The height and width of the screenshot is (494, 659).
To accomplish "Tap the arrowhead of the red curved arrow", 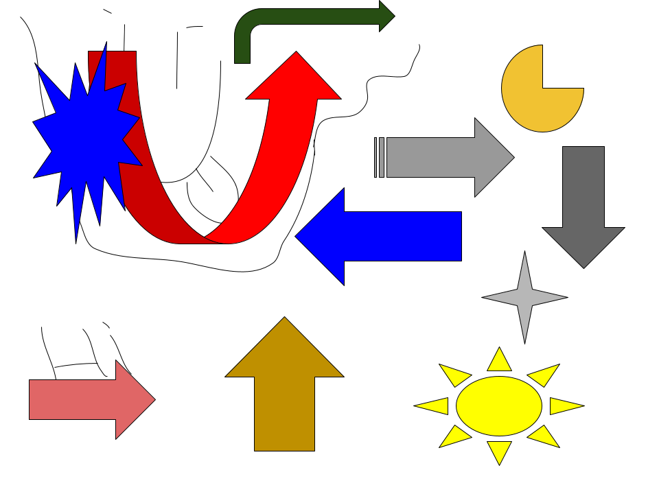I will click(295, 79).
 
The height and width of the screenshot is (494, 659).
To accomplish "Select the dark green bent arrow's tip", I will click(386, 16).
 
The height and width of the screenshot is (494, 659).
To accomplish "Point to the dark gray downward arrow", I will click(583, 206).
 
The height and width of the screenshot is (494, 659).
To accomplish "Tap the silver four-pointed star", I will click(524, 298).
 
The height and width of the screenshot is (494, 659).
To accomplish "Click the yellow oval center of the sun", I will click(499, 405).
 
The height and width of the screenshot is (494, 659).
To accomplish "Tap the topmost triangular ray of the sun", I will click(499, 361).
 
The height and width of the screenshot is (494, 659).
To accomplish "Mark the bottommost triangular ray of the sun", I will click(499, 451).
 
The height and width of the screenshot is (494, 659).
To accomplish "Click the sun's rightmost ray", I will click(564, 405).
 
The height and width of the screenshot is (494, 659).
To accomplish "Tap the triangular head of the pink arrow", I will click(133, 399).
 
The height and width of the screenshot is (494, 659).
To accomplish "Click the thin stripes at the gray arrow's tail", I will click(380, 157).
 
